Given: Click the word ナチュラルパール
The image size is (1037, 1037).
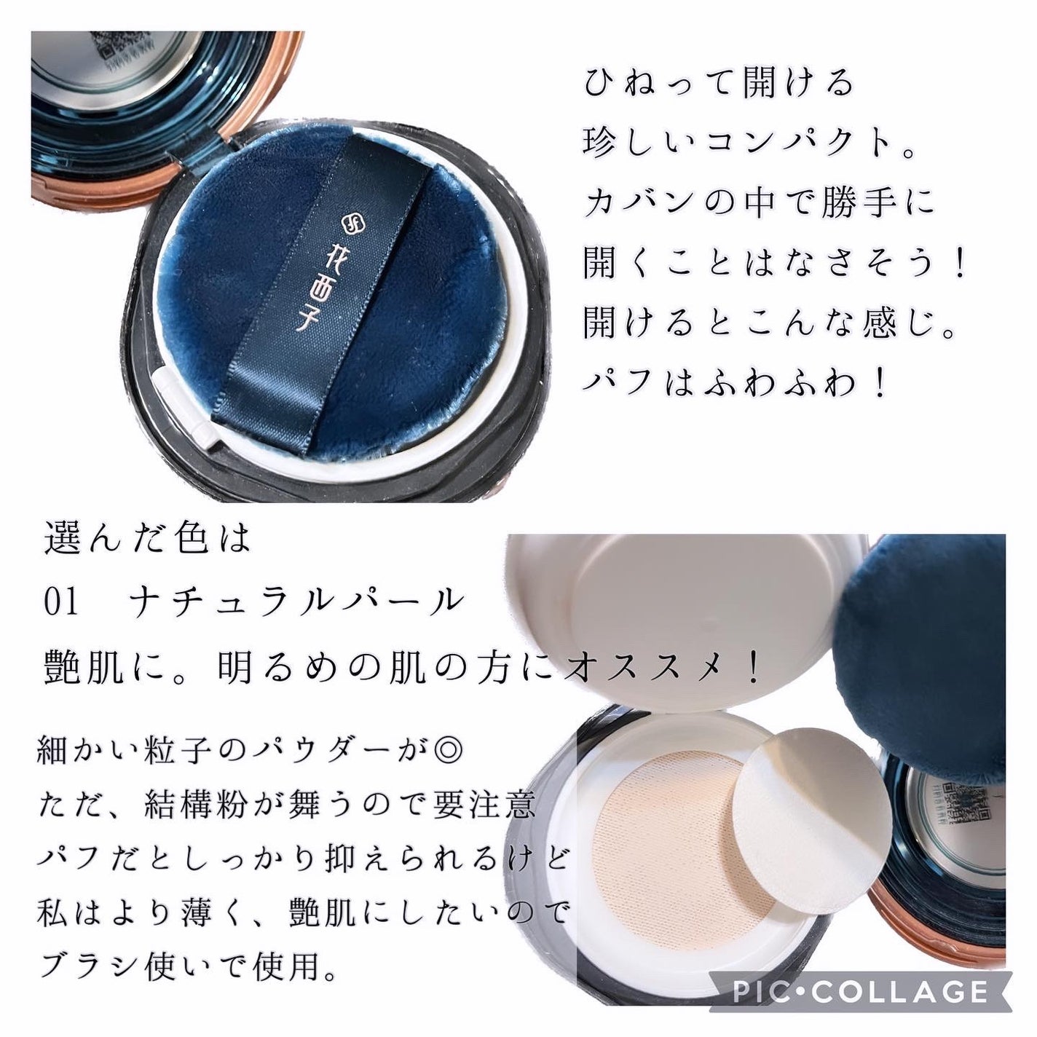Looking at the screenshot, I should [297, 602].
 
